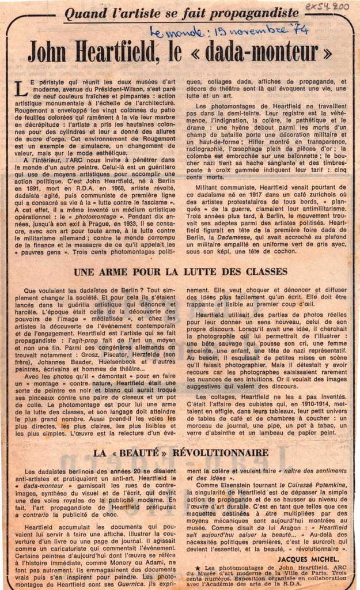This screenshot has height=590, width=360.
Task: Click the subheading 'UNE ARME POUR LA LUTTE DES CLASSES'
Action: pyautogui.click(x=180, y=271)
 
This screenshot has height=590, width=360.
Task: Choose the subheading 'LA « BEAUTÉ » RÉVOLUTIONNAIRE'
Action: pyautogui.click(x=180, y=452)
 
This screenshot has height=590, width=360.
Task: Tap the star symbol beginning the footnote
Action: pyautogui.click(x=198, y=568)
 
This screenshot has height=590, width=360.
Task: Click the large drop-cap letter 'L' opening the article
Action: pyautogui.click(x=21, y=88)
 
